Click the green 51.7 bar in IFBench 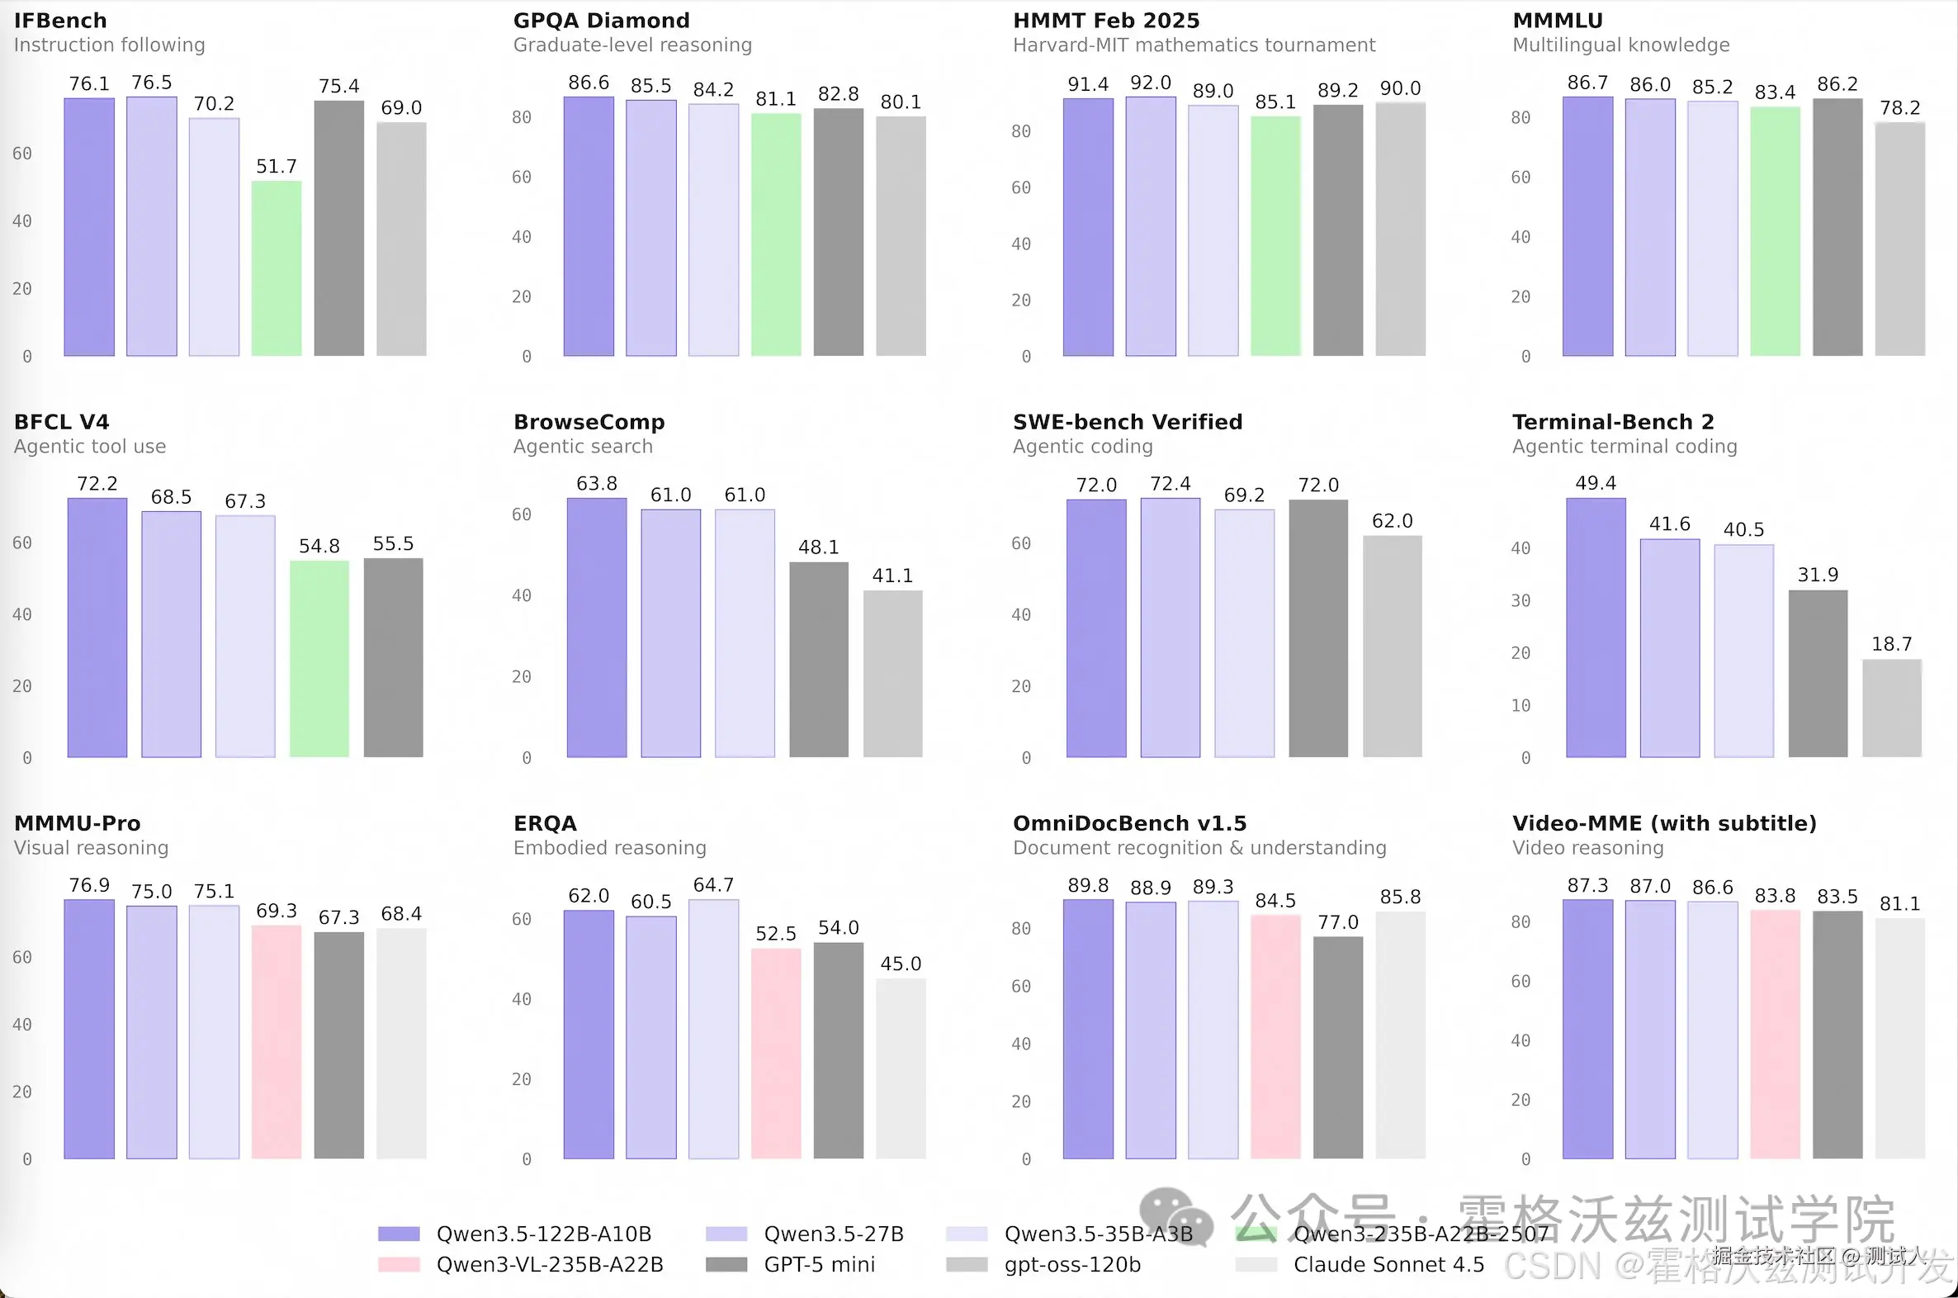tap(277, 268)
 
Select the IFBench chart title tap(60, 21)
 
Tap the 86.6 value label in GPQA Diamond tap(589, 83)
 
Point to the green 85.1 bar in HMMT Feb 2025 tap(1275, 236)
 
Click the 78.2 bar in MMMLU tap(1900, 239)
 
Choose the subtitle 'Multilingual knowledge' tap(1620, 45)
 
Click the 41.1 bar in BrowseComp tap(893, 674)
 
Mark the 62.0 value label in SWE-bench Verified tap(1392, 521)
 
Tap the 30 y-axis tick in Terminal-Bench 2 tap(1521, 601)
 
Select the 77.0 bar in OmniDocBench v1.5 tap(1337, 1047)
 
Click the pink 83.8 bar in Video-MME tap(1775, 1034)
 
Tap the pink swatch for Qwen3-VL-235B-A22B tap(399, 1265)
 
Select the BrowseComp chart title tap(589, 422)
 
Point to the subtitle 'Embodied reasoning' tap(609, 848)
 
